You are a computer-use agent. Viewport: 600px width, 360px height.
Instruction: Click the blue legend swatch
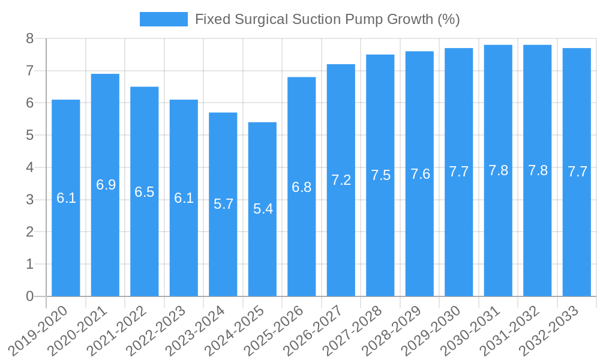tap(163, 19)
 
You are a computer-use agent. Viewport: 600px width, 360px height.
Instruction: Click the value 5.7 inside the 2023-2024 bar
tap(223, 204)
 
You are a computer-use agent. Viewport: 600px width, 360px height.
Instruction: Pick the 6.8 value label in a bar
tap(302, 187)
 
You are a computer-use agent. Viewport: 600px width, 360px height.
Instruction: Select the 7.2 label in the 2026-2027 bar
tap(341, 180)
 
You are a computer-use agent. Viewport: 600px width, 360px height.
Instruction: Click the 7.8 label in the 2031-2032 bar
tap(538, 170)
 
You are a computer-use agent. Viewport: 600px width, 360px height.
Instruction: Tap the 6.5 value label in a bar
tap(145, 192)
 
